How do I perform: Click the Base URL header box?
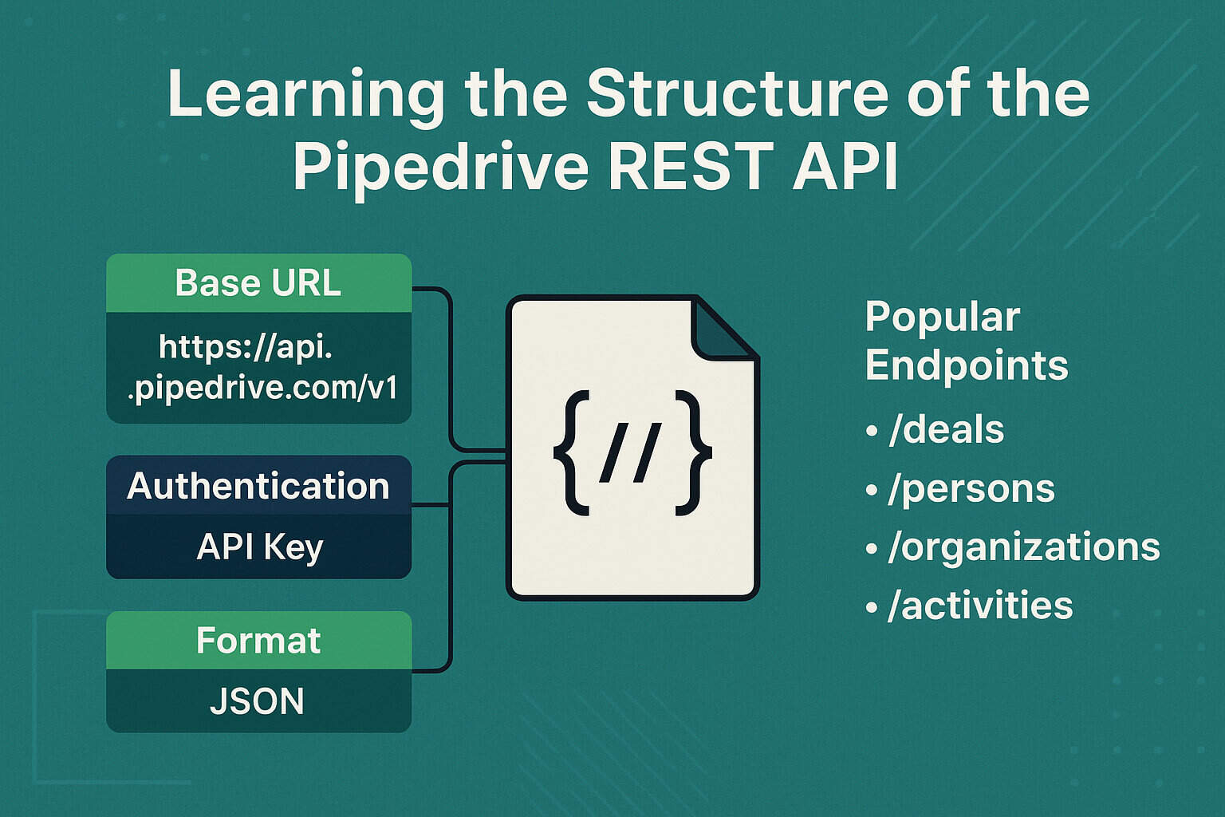(258, 283)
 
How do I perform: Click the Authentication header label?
(258, 486)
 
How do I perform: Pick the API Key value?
(259, 547)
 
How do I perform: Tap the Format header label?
(258, 641)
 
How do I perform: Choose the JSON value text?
(257, 701)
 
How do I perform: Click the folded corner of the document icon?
(722, 330)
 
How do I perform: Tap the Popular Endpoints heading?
(965, 341)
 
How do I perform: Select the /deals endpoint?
(946, 430)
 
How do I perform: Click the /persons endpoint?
(971, 489)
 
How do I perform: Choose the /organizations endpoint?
(1023, 547)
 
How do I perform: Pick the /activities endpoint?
(980, 606)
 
